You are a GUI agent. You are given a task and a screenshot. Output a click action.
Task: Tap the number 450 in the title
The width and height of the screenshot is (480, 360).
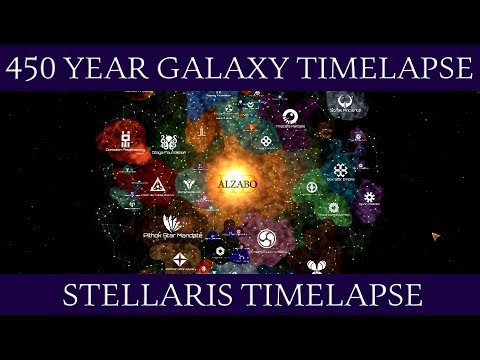(x=37, y=68)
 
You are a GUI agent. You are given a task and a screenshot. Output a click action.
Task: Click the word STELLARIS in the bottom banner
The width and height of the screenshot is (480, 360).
(x=149, y=296)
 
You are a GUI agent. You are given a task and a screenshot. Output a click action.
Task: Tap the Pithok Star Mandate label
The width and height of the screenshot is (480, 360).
(x=173, y=235)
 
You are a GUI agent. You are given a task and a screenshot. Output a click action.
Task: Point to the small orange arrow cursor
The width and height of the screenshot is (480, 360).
(x=436, y=236)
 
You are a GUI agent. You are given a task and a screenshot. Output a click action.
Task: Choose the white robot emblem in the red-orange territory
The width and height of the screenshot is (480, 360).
(x=126, y=138)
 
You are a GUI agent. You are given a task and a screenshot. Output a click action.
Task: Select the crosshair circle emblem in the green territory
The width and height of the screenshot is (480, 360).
(x=313, y=187)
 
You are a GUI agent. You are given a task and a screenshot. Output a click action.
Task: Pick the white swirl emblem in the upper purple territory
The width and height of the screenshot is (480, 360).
(x=289, y=116)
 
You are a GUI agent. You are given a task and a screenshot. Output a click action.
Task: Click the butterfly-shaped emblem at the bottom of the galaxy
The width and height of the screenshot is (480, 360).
(x=316, y=266)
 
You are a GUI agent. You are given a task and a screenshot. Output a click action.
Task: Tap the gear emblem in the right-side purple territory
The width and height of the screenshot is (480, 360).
(x=369, y=196)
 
